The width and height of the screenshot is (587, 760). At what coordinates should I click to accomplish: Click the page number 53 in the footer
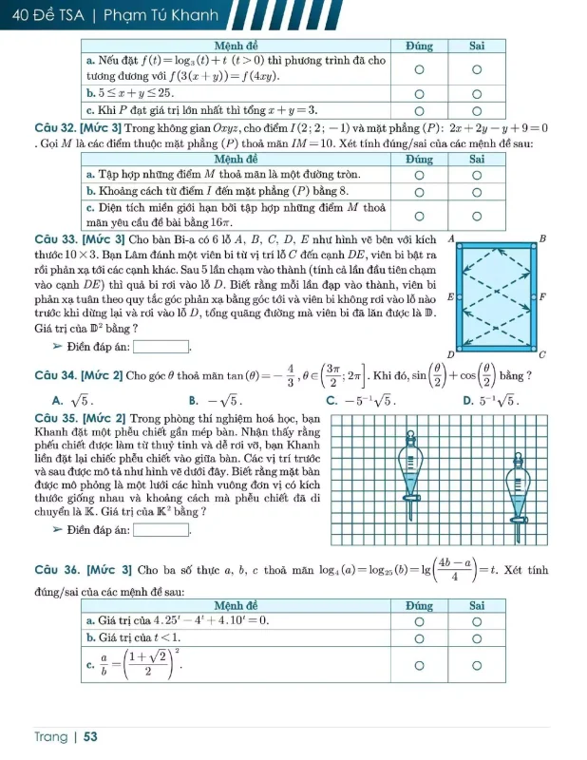tap(91, 736)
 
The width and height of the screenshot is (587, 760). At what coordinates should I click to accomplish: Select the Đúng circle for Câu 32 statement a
tap(418, 176)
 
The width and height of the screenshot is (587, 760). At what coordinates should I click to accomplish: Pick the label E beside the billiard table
tap(449, 297)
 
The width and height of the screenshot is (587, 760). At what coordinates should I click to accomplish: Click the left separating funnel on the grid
tap(412, 465)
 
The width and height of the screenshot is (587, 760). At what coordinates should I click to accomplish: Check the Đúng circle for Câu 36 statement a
tap(418, 620)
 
